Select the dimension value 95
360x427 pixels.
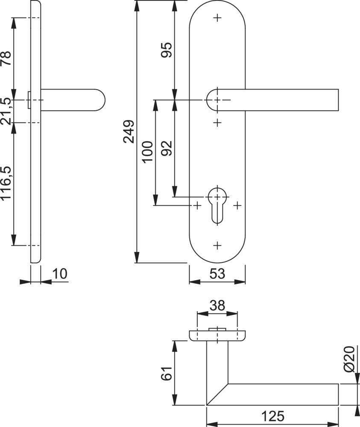(167, 50)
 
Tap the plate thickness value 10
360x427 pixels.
(60, 274)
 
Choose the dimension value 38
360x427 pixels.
(217, 305)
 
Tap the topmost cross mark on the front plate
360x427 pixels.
(217, 18)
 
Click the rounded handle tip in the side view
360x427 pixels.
(102, 100)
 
